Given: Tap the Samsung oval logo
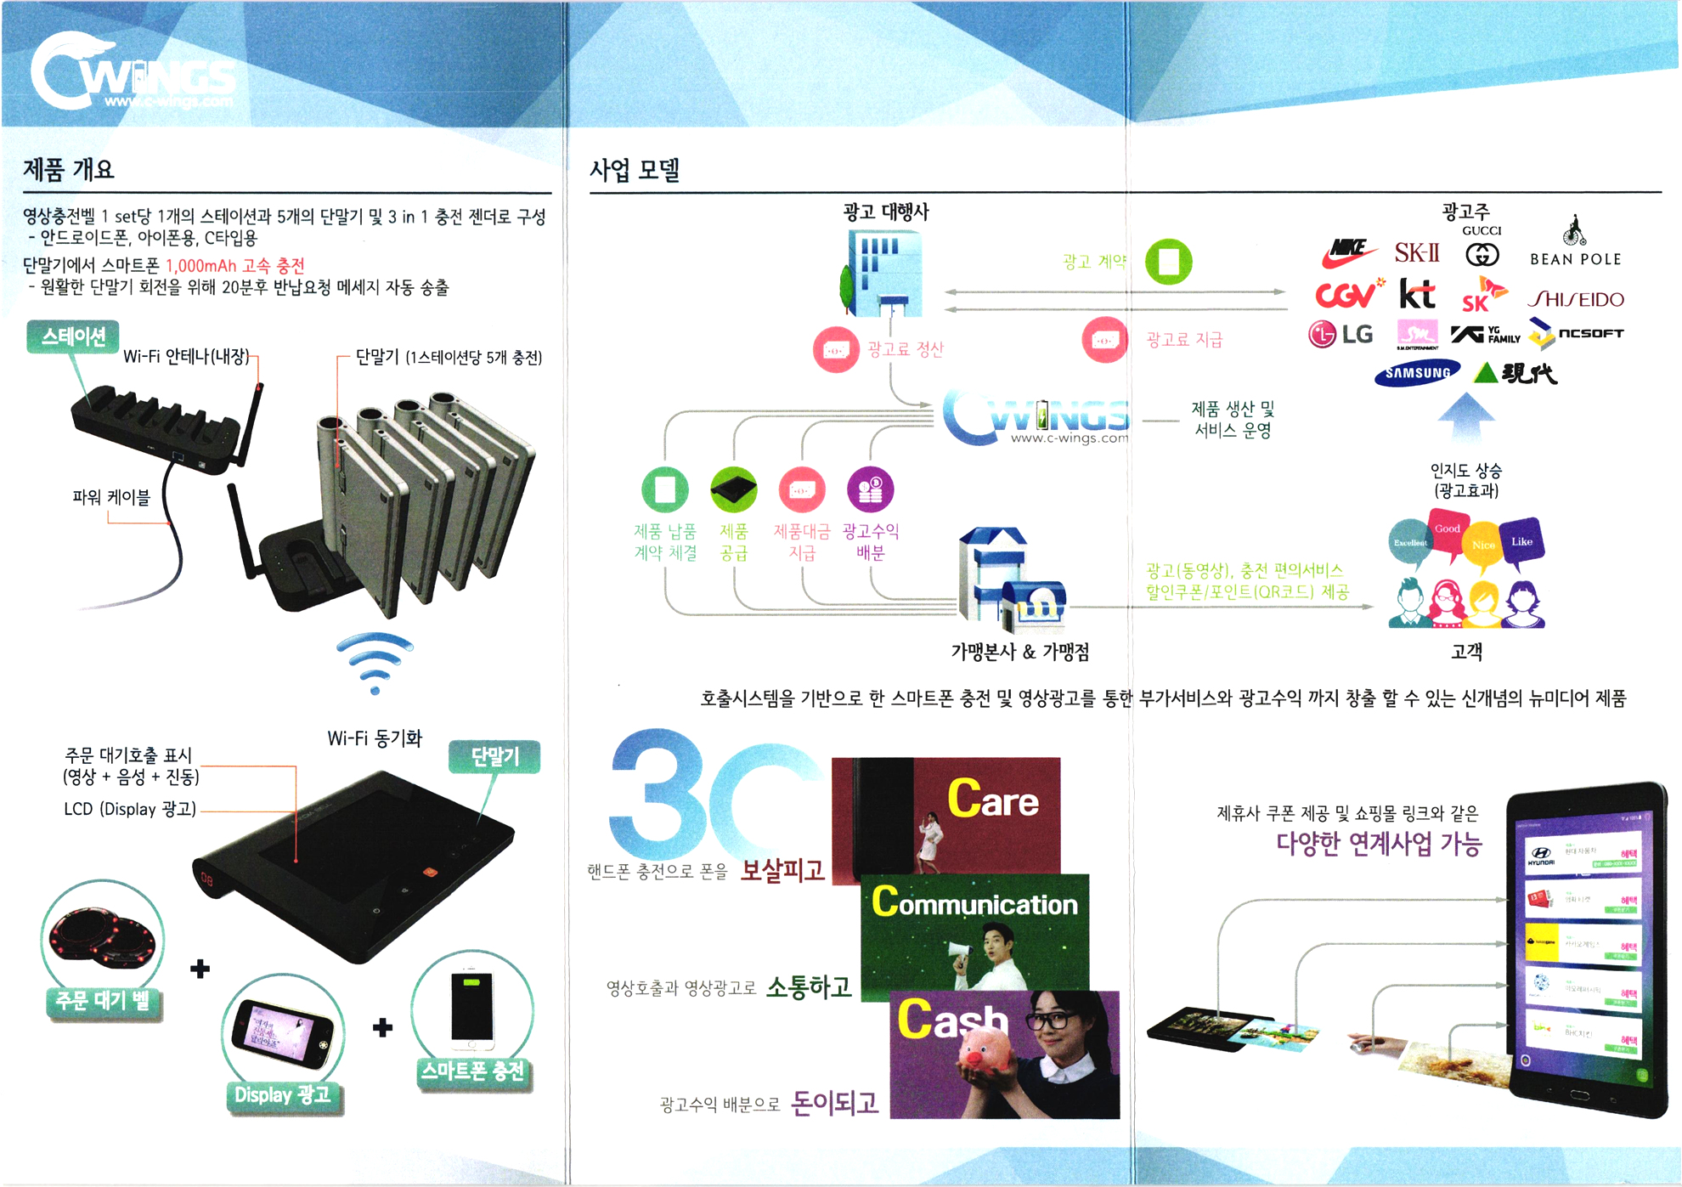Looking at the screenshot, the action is coord(1417,373).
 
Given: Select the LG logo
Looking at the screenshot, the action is coord(1341,334).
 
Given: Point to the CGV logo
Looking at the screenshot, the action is coord(1347,294).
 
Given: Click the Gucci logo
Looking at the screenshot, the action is coord(1482,253).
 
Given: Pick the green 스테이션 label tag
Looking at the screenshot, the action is coord(73,336).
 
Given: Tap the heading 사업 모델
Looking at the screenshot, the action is coord(635,171).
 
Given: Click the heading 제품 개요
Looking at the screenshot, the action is coord(68,170).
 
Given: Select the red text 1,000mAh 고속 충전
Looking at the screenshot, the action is coord(234,266).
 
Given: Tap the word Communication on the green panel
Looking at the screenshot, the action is coord(974,903).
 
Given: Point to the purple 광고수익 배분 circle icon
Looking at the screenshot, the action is coord(870,489).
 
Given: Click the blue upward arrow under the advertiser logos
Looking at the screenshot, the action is coord(1466,415).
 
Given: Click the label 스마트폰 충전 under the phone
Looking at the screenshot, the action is coord(473,1072).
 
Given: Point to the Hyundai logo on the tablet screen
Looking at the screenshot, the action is coord(1540,856).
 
